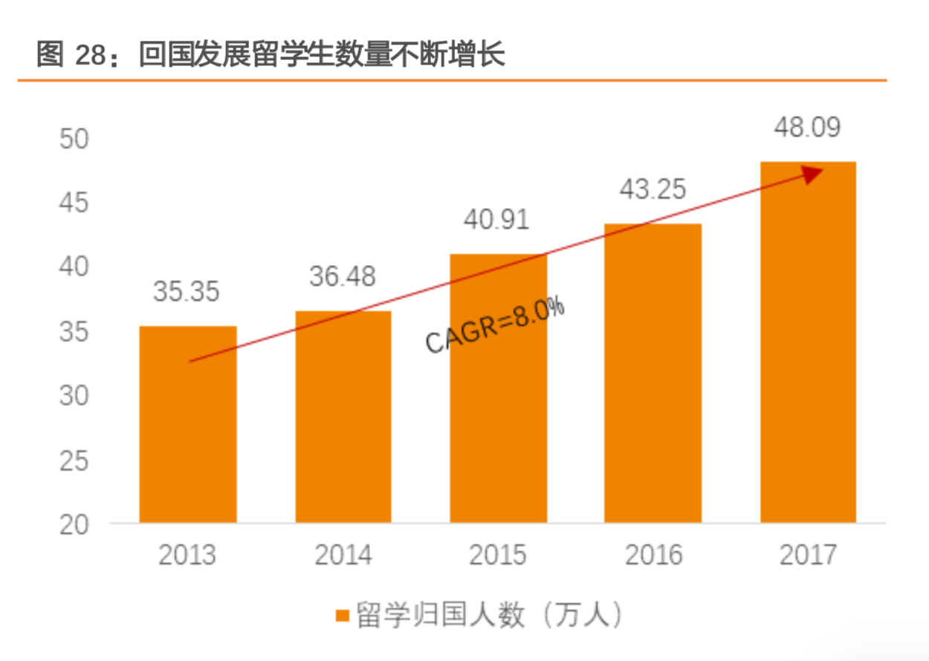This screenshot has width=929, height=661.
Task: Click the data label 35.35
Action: point(187,292)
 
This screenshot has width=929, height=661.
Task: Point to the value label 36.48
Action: point(343,277)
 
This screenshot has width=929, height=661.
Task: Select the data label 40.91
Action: point(496,221)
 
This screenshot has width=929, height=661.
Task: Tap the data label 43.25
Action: point(653,189)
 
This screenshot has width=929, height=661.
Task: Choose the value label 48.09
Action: point(807,128)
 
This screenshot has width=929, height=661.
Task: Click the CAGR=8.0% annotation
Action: point(494,325)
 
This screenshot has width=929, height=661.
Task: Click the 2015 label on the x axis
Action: point(497,556)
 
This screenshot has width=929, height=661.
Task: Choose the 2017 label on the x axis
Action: point(808,556)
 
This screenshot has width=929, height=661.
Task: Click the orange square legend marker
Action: point(342,616)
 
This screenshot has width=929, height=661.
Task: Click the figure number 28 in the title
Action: point(93,56)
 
